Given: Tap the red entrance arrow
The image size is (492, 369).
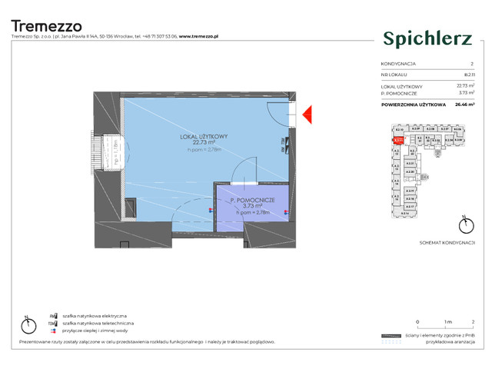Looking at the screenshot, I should click(x=305, y=115).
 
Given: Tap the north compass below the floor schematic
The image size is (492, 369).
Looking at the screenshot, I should click(x=463, y=226).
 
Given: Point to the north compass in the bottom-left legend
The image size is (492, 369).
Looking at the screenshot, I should click(x=25, y=321).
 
